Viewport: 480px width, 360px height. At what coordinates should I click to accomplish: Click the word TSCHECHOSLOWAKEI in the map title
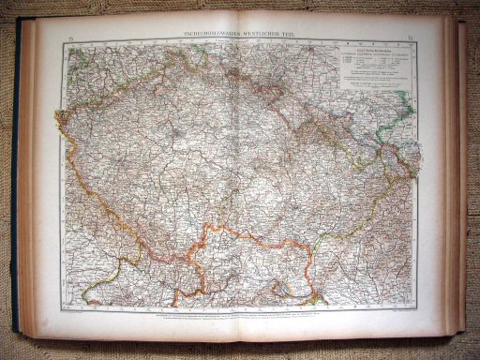(208, 36)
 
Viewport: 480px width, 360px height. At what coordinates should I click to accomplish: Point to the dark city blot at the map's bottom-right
(320, 298)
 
